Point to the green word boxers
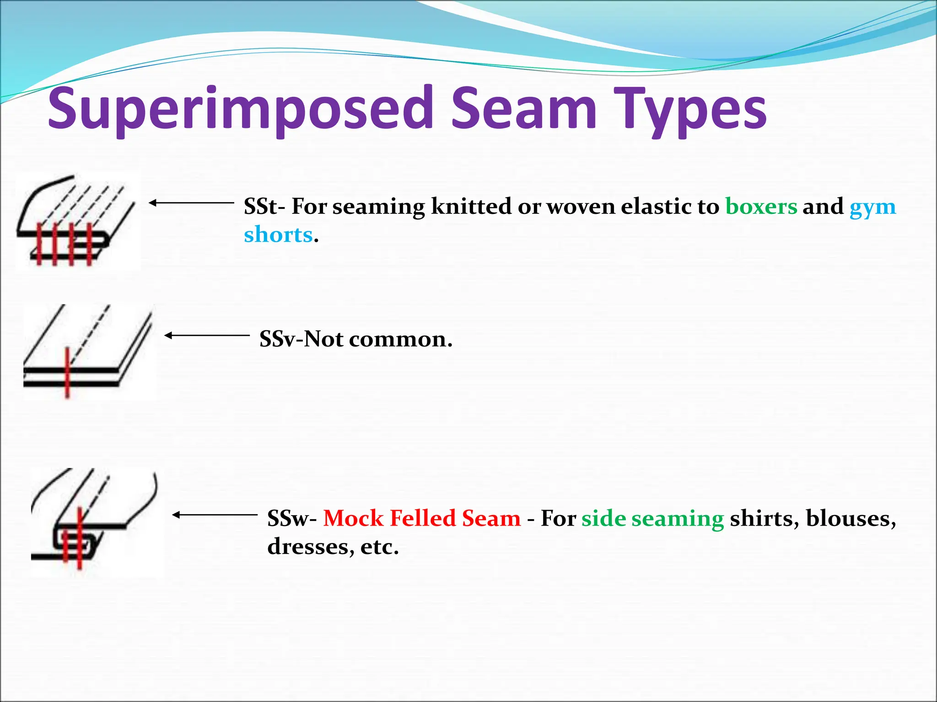pyautogui.click(x=761, y=207)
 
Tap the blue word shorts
pyautogui.click(x=278, y=235)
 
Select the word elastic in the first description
pyautogui.click(x=656, y=207)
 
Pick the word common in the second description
pyautogui.click(x=400, y=340)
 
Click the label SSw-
pyautogui.click(x=291, y=519)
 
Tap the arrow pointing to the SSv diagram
pyautogui.click(x=207, y=335)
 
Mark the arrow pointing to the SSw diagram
pyautogui.click(x=215, y=515)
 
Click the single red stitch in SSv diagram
pyautogui.click(x=67, y=372)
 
